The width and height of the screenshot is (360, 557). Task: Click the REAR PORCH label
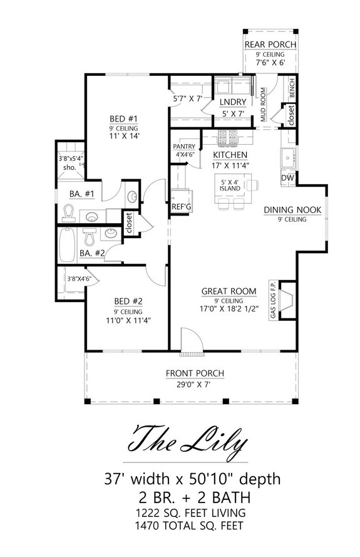pos(270,44)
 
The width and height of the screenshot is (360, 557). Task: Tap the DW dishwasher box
pos(287,178)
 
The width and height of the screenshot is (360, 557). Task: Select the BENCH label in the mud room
pos(292,90)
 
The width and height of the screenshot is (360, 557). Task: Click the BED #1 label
pos(119,118)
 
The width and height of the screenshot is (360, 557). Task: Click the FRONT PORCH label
pos(195,374)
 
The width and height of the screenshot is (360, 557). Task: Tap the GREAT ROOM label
pos(229,291)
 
